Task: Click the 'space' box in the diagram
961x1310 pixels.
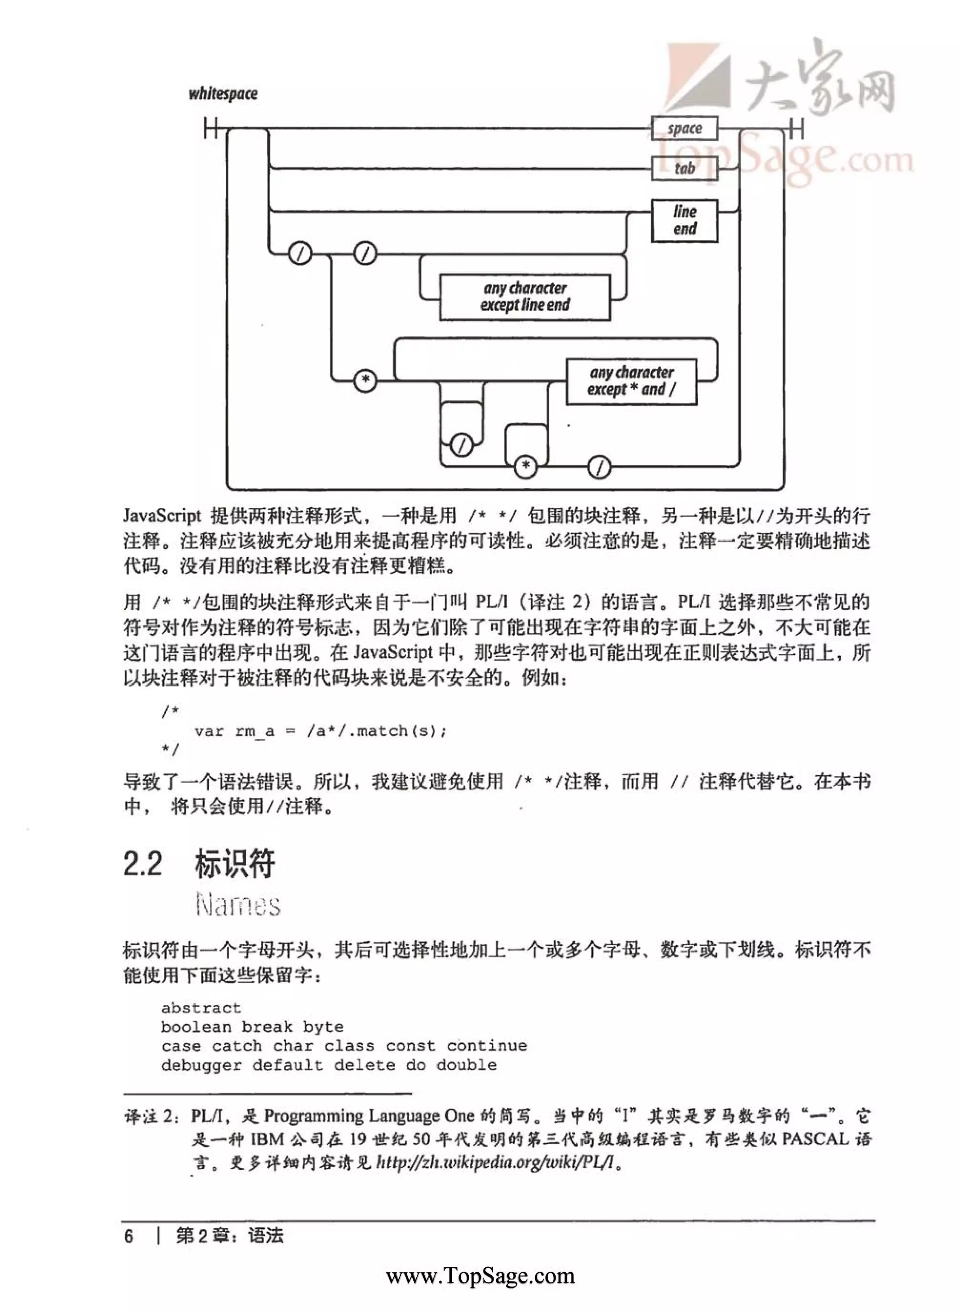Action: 684,129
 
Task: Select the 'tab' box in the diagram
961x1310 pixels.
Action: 684,169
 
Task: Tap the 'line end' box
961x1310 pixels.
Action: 684,221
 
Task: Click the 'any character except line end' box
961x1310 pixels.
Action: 525,297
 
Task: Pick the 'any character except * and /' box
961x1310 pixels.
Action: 631,381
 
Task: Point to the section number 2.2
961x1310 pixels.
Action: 143,864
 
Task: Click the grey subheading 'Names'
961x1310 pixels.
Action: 238,905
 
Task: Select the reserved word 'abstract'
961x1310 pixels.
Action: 201,1008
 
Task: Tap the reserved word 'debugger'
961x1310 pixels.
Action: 201,1065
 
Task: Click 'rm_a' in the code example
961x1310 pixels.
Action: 254,731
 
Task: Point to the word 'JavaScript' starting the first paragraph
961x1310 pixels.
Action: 162,516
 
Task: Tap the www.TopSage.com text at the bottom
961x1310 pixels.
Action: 480,1276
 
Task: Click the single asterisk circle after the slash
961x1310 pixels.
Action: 366,381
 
